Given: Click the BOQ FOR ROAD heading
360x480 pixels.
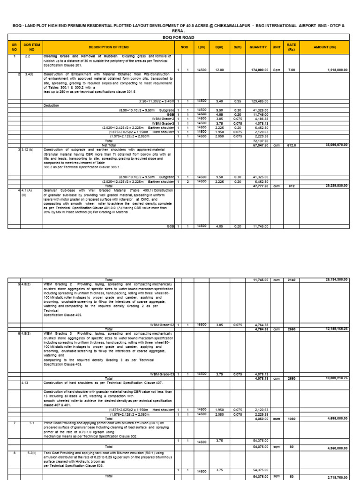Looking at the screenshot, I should [180, 37].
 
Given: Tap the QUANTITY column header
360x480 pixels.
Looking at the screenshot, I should [258, 47].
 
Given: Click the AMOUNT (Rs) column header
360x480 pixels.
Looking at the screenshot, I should [324, 47].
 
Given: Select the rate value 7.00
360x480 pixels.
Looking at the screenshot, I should [292, 69].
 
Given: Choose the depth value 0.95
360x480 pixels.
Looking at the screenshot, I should [237, 101].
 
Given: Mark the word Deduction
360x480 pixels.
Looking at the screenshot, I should [52, 105].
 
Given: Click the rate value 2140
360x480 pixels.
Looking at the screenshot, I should [292, 279].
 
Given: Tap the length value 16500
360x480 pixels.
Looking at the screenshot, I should [202, 324].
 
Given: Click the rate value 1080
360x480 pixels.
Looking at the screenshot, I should [292, 418].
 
